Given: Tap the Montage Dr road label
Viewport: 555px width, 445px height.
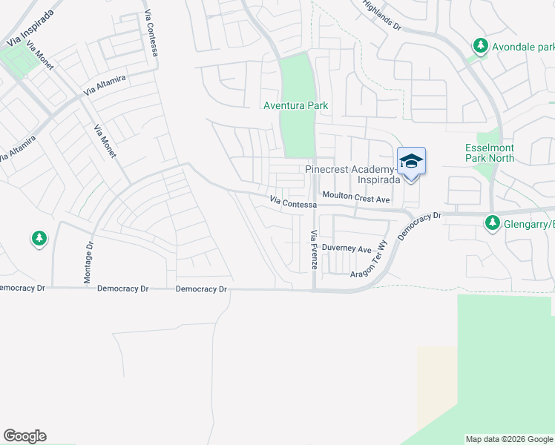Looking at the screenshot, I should point(88,263).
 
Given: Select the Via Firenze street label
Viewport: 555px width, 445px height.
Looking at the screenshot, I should point(314,250).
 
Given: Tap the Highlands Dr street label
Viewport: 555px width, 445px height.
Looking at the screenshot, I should point(382,15).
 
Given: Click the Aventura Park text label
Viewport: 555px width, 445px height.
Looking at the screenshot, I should point(296,106).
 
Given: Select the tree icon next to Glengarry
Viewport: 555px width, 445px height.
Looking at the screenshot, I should point(492,222).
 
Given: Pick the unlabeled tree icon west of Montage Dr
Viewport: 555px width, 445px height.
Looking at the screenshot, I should point(39,239).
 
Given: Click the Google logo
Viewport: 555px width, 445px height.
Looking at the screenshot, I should point(24,436).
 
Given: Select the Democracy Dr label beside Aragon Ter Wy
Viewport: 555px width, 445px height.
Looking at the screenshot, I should point(420,225).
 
